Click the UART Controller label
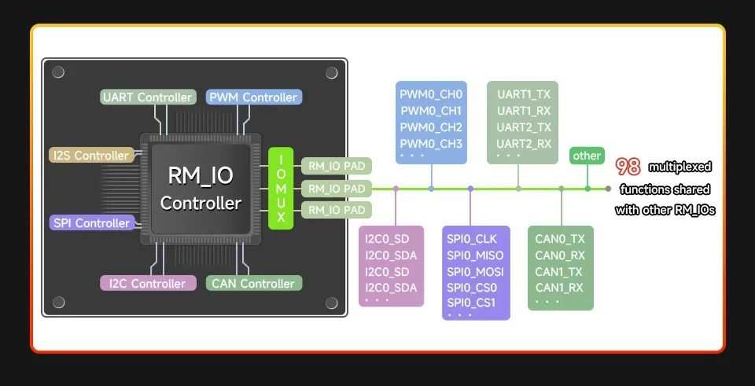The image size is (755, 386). click(x=148, y=97)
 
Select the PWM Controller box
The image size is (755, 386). click(x=253, y=97)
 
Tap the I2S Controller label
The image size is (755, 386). click(x=91, y=156)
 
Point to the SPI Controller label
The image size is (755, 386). click(x=91, y=223)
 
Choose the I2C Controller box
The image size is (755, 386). click(x=147, y=283)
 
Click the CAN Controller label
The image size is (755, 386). click(x=253, y=283)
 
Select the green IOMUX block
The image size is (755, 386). click(x=281, y=189)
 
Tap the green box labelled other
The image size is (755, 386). click(x=587, y=156)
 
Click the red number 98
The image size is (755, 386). click(x=628, y=166)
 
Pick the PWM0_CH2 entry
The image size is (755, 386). click(x=431, y=127)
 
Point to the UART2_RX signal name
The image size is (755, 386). click(x=524, y=144)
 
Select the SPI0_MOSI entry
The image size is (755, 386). click(x=475, y=272)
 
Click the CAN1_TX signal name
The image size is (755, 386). click(x=559, y=271)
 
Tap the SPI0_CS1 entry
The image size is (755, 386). click(x=472, y=303)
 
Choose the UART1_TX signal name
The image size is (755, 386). click(x=524, y=94)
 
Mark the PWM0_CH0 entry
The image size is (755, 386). click(x=431, y=94)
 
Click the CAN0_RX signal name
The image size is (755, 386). click(x=559, y=255)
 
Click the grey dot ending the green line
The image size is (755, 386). click(x=608, y=189)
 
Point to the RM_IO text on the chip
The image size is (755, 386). click(x=201, y=175)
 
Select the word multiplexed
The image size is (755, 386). click(x=679, y=167)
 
